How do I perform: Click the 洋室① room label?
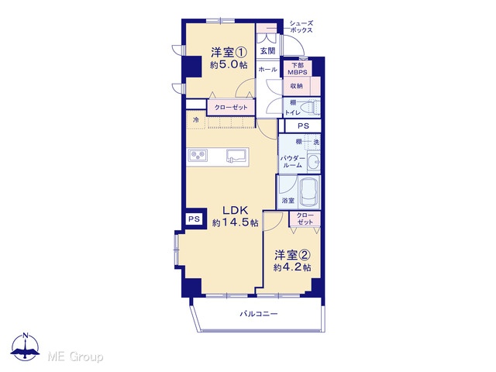coord(229,52)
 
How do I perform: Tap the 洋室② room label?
coord(292,255)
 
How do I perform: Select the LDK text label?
coord(235,210)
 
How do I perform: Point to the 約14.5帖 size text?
coord(235,222)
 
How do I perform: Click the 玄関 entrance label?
coord(267,50)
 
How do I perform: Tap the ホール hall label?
coord(267,69)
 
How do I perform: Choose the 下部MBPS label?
coord(297,69)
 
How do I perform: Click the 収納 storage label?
coord(296,86)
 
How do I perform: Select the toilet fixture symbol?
coord(310,108)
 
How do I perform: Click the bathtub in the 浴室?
coord(308,192)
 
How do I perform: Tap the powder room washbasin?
coord(314,162)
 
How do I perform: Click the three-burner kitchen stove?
coord(198,156)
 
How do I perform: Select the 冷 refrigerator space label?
coord(196,120)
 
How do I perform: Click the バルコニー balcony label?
coord(259,314)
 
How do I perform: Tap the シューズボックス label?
coord(301,26)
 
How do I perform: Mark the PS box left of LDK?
coord(194,219)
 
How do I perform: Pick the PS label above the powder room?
coord(303,126)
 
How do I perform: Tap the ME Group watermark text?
coord(75,356)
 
